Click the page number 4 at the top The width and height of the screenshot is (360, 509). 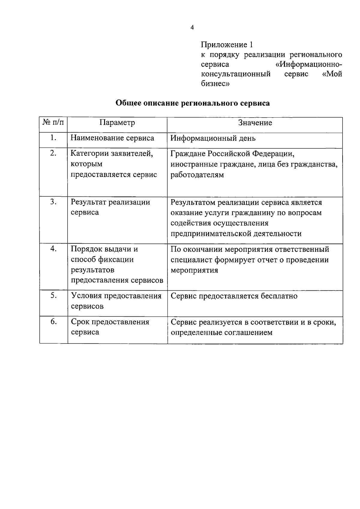[192, 28]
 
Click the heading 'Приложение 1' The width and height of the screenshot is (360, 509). [227, 45]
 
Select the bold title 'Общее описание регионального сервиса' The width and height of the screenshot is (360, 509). [193, 103]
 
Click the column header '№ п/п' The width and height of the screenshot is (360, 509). [53, 122]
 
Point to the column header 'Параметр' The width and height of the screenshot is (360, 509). [117, 122]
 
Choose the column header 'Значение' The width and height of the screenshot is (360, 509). [255, 122]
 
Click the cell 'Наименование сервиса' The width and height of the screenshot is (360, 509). [112, 138]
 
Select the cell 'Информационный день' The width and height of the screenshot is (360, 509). [213, 138]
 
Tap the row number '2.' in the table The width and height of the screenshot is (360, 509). [53, 153]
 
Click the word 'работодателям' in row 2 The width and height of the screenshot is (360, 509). [197, 175]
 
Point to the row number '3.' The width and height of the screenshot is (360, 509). [53, 202]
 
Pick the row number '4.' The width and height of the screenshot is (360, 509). [53, 249]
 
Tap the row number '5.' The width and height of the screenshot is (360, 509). [53, 295]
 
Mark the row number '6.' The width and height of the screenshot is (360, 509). [53, 322]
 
